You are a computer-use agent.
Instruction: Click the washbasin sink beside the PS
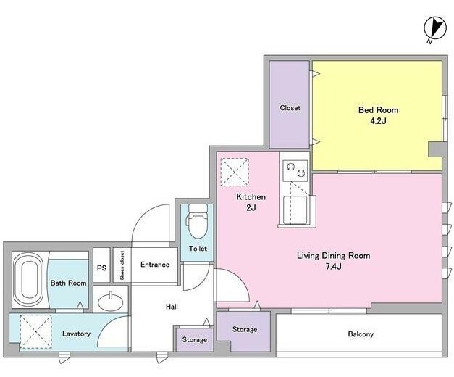[x=110, y=302]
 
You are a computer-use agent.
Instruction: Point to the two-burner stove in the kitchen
[x=295, y=170]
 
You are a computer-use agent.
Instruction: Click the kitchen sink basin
[x=295, y=210]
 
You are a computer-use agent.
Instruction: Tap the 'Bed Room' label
[x=378, y=110]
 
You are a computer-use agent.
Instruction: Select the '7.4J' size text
[x=334, y=266]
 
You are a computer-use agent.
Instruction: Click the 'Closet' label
[x=290, y=108]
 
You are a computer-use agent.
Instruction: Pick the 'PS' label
[x=101, y=268]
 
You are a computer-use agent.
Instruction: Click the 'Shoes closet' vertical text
[x=122, y=265]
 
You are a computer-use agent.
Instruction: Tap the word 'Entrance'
[x=155, y=265]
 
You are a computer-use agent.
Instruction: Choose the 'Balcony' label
[x=361, y=334]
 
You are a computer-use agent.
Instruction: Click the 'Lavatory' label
[x=76, y=333]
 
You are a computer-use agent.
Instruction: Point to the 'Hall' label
[x=172, y=307]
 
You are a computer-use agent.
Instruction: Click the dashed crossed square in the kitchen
[x=235, y=172]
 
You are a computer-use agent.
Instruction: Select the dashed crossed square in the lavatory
[x=36, y=331]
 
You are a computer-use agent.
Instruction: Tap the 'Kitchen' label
[x=251, y=197]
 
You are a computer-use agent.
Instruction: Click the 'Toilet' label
[x=198, y=249]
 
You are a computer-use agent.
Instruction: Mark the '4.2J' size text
[x=378, y=121]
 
